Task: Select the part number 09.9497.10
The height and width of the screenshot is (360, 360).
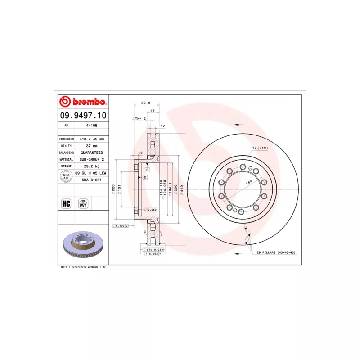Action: pyautogui.click(x=83, y=116)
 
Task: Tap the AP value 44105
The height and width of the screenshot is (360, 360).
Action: pyautogui.click(x=91, y=126)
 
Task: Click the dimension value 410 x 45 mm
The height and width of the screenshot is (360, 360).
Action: pyautogui.click(x=91, y=139)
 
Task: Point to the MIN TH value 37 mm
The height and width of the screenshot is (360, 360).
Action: pyautogui.click(x=91, y=146)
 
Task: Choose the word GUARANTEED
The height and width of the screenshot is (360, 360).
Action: pyautogui.click(x=91, y=153)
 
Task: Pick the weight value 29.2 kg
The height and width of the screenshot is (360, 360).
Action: pyautogui.click(x=91, y=166)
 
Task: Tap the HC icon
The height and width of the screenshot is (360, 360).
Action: pyautogui.click(x=66, y=203)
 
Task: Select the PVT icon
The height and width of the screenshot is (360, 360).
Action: pyautogui.click(x=83, y=203)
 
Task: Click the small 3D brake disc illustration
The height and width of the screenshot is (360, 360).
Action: pyautogui.click(x=84, y=246)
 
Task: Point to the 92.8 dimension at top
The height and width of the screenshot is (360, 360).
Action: pyautogui.click(x=145, y=103)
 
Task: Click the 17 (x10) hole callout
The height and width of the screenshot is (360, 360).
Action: pyautogui.click(x=260, y=148)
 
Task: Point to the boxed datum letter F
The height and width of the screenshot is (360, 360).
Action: pyautogui.click(x=147, y=170)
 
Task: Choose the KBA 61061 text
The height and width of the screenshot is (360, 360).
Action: pyautogui.click(x=91, y=180)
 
